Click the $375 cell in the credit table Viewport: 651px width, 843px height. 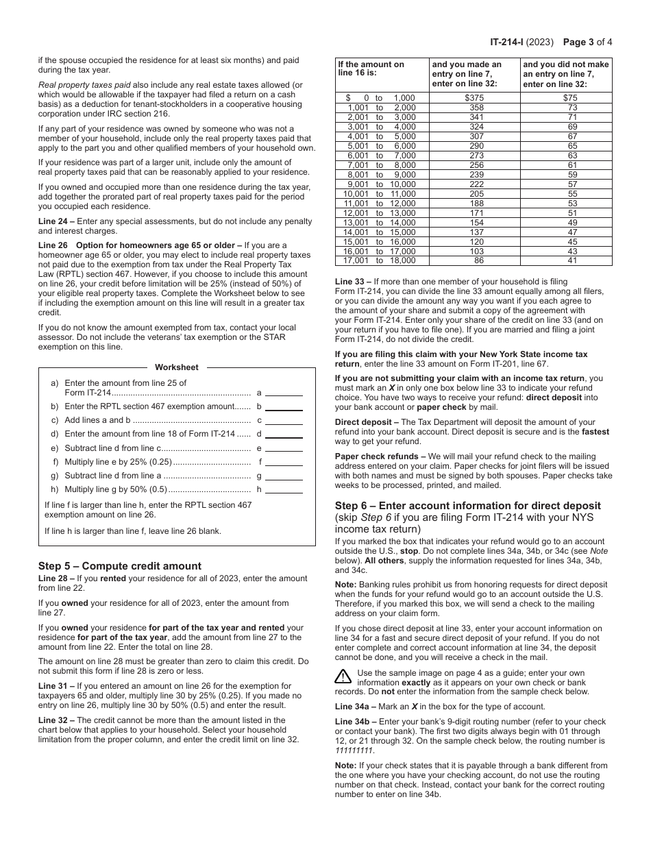coord(475,98)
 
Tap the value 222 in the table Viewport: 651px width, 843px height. coord(476,184)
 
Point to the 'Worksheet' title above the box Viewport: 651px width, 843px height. coord(177,367)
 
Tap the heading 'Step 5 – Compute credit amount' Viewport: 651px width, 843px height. coord(120,566)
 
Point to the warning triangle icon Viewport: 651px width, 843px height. coord(343,676)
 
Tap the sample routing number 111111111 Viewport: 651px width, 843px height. coord(355,750)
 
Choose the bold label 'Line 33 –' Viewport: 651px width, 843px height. coord(352,282)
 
